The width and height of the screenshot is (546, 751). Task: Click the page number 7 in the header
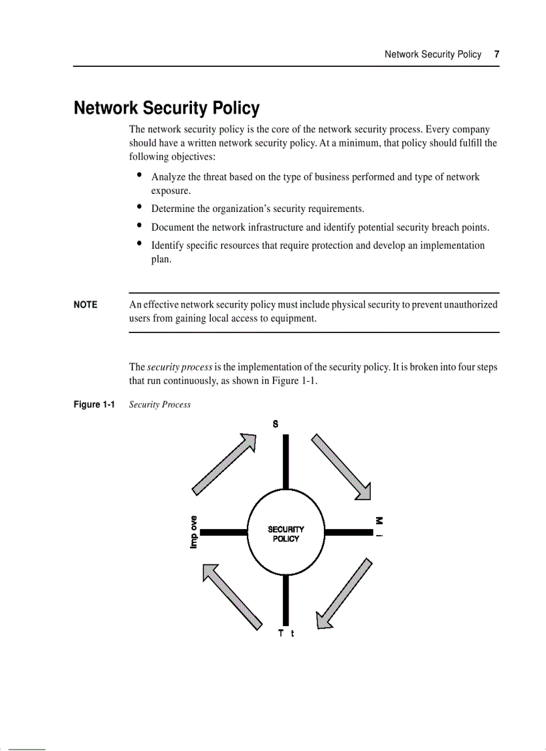496,54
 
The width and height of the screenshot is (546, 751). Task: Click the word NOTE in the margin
86,305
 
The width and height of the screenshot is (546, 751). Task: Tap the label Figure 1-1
94,405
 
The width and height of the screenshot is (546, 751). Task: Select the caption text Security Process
160,405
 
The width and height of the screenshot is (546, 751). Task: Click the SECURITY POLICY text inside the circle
286,534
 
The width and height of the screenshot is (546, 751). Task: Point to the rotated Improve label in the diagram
193,532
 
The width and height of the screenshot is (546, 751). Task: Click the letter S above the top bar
276,424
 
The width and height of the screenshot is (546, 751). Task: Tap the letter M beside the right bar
379,520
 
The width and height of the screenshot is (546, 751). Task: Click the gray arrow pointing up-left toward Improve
232,595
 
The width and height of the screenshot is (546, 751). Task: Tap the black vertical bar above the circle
286,461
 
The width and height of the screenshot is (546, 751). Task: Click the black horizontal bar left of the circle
223,532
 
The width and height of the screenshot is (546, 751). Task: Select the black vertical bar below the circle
286,599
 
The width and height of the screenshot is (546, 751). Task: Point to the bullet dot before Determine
139,207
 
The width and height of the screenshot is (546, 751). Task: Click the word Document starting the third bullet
173,227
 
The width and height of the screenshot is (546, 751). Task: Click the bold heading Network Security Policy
167,108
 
